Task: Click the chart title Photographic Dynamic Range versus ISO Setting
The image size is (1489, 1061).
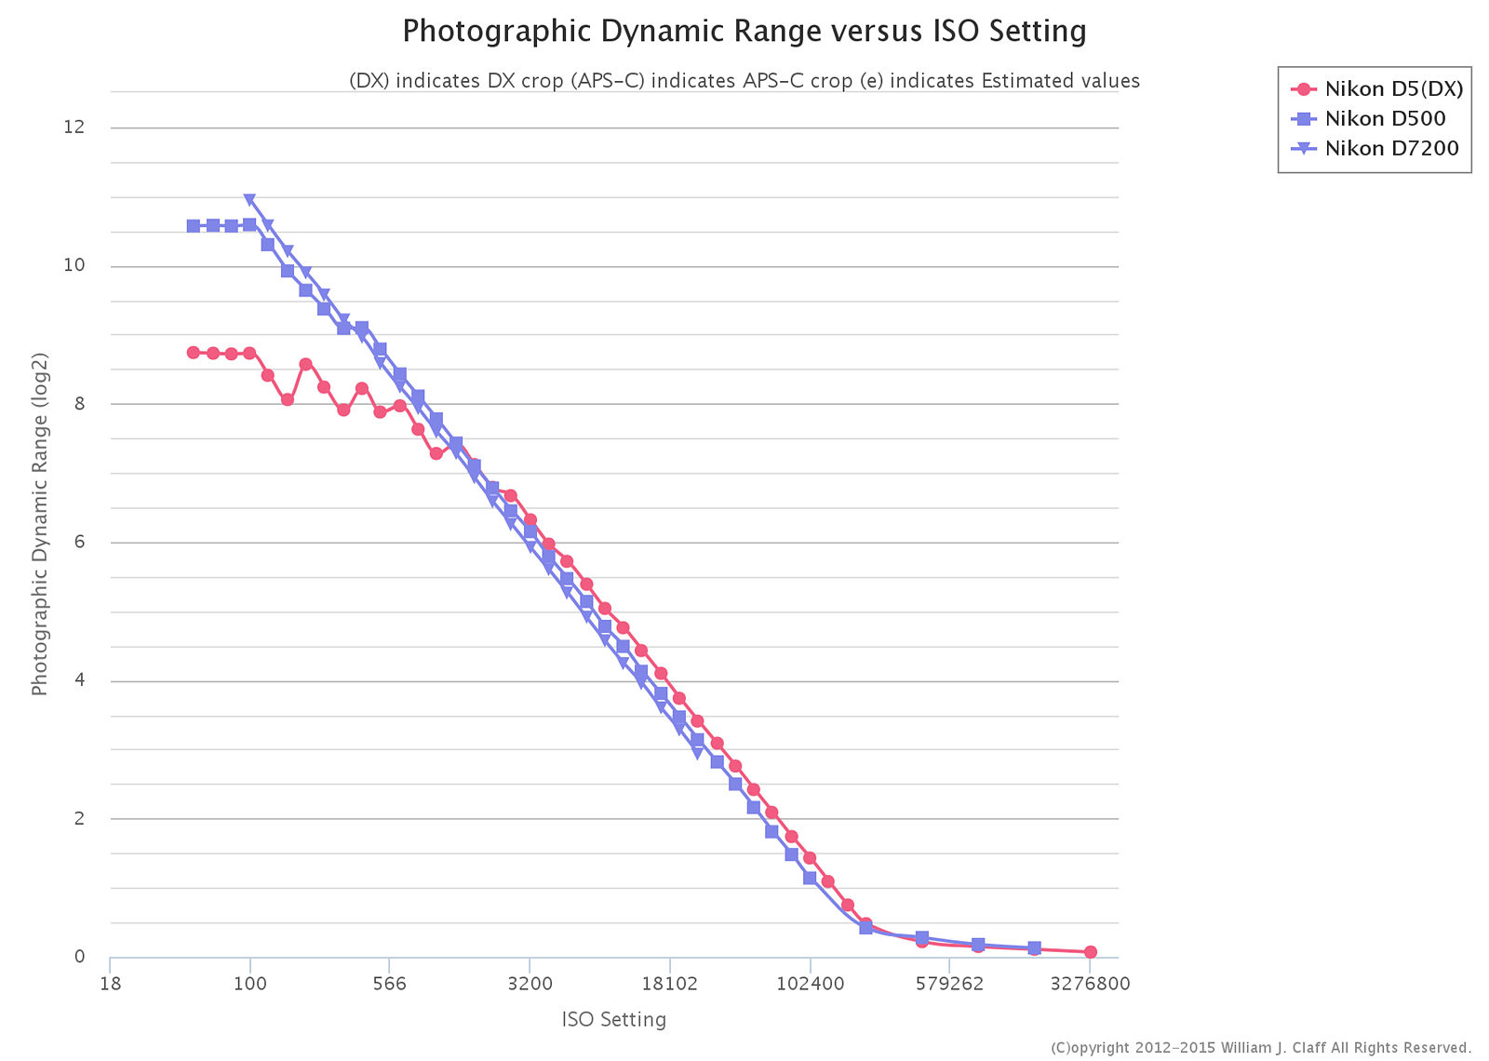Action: point(744,32)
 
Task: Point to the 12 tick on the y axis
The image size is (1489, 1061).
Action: point(74,128)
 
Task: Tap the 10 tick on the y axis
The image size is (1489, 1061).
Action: point(74,265)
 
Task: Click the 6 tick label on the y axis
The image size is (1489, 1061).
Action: point(78,542)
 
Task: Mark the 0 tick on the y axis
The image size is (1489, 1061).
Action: point(79,957)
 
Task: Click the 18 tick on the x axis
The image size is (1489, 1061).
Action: point(110,985)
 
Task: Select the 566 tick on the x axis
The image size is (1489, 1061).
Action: point(389,985)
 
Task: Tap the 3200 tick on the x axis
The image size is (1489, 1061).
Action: point(530,985)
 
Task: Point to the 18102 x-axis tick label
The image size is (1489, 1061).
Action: point(669,985)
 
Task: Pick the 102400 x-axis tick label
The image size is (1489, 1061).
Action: point(810,985)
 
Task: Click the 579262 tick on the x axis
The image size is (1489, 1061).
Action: point(949,985)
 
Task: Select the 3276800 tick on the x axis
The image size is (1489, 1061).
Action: point(1090,985)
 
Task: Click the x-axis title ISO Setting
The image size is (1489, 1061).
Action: point(614,1020)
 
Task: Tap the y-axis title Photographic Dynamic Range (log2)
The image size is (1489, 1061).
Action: point(39,524)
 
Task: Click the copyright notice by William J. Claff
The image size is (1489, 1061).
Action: point(1261,1048)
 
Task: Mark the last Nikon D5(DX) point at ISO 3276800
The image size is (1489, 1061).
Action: point(1090,952)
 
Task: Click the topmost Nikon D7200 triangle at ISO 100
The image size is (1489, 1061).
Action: point(249,199)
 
